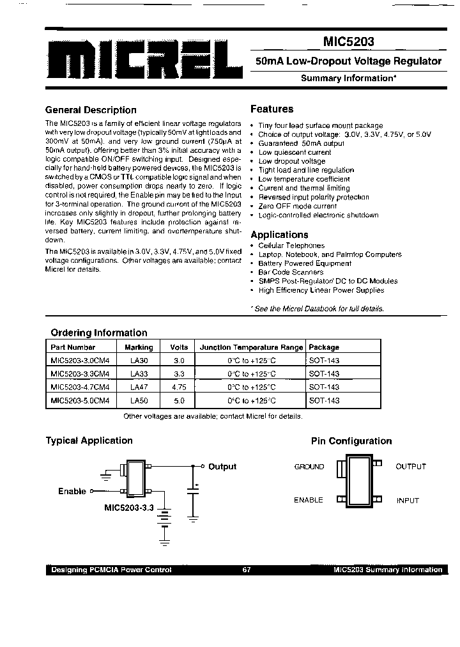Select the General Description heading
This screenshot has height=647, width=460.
pyautogui.click(x=91, y=110)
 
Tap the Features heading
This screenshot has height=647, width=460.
pyautogui.click(x=272, y=109)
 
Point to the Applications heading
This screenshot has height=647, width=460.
pyautogui.click(x=279, y=235)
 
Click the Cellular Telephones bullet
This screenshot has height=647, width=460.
pyautogui.click(x=291, y=246)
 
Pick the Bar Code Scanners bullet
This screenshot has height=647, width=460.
pyautogui.click(x=291, y=272)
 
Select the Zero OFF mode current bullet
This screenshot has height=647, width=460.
pyautogui.click(x=297, y=207)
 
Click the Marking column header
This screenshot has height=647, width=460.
pyautogui.click(x=139, y=348)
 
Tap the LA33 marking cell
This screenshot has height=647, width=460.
pyautogui.click(x=139, y=374)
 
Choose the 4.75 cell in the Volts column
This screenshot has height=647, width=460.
pyautogui.click(x=179, y=387)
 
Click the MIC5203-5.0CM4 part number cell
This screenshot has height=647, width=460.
pyautogui.click(x=80, y=401)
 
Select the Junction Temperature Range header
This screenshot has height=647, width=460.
pyautogui.click(x=251, y=348)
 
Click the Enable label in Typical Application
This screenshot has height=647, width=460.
pyautogui.click(x=72, y=491)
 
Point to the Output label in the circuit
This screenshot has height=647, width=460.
pyautogui.click(x=222, y=467)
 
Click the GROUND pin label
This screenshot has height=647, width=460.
pyautogui.click(x=309, y=467)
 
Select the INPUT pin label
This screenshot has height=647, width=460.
pyautogui.click(x=408, y=501)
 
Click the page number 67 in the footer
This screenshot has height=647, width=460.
pyautogui.click(x=247, y=570)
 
